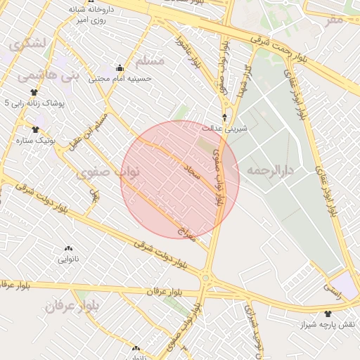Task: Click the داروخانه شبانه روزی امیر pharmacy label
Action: coord(86,16)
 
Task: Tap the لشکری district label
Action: coord(27,44)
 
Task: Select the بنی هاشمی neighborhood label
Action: coord(37,72)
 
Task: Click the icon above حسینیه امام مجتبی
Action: coord(120,68)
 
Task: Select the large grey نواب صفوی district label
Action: coord(109,171)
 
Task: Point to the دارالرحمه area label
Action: coord(270,171)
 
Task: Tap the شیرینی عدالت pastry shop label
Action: coord(225,129)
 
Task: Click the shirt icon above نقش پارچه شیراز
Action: coord(328,314)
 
